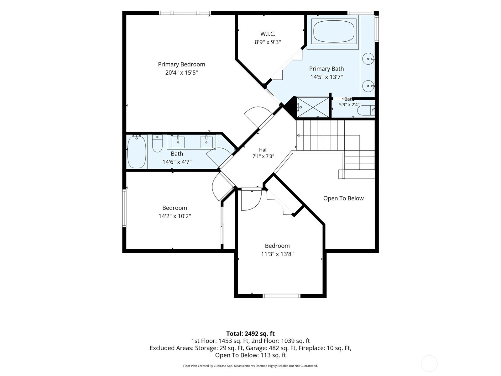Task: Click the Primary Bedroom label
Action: (181, 64)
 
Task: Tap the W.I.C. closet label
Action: (268, 34)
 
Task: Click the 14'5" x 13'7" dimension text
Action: (326, 77)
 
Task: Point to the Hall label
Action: (263, 150)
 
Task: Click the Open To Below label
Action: (343, 198)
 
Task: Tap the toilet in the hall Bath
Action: (157, 143)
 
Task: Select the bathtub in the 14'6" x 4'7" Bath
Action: (137, 151)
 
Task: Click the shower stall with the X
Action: (313, 107)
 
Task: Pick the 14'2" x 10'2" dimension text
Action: (175, 216)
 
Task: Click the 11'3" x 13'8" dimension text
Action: (277, 254)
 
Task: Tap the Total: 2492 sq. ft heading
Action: (250, 334)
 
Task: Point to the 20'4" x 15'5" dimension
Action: (181, 73)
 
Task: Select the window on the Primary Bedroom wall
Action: (185, 13)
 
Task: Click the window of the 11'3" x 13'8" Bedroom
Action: (281, 296)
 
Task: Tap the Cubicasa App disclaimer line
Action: (250, 366)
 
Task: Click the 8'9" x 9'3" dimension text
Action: (268, 42)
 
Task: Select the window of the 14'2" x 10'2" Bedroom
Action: (124, 208)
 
